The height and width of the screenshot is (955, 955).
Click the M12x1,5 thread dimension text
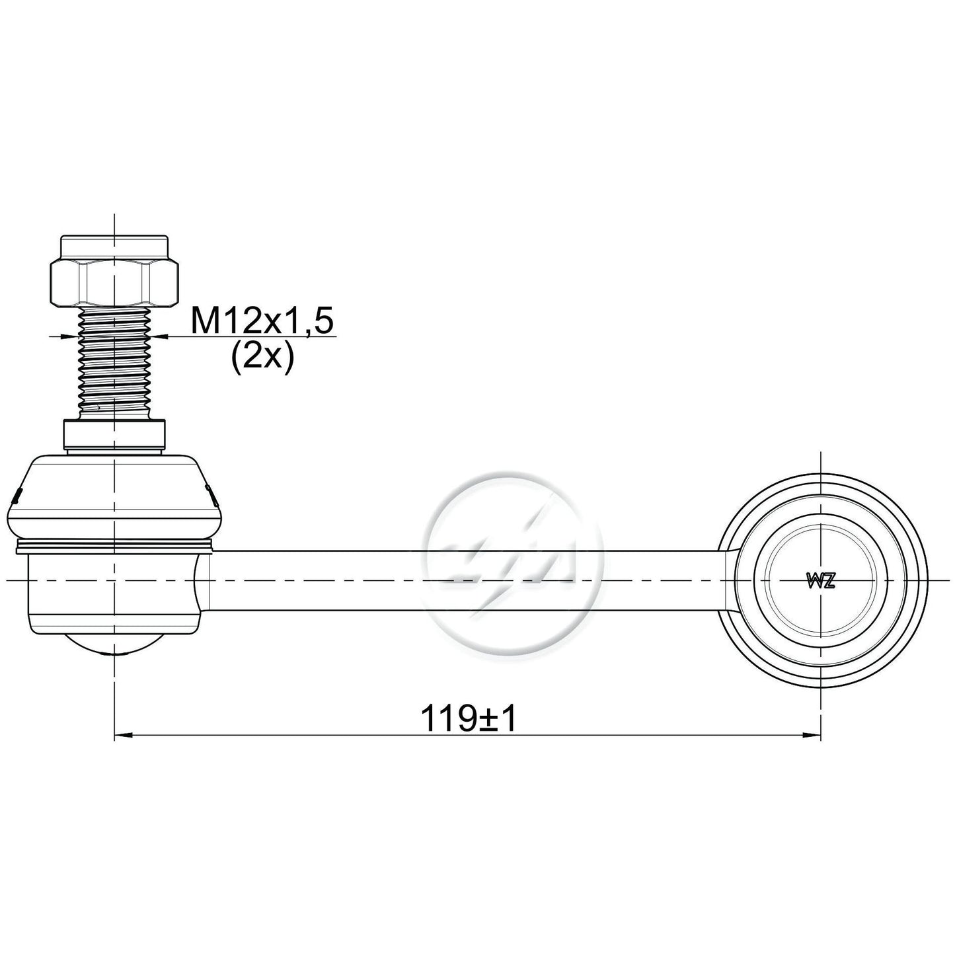(262, 321)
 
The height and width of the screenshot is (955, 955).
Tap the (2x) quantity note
(262, 357)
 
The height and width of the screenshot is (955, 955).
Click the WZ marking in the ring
(821, 582)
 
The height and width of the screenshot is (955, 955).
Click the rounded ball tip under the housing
(114, 644)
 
